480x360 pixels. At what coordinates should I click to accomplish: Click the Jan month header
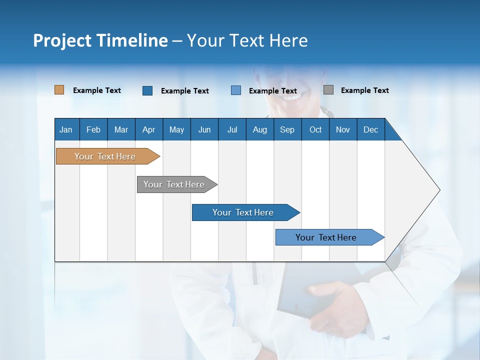click(66, 129)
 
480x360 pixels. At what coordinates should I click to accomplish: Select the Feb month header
click(93, 129)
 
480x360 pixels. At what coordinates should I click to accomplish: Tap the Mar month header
click(121, 129)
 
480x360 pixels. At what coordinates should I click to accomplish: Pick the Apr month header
click(149, 129)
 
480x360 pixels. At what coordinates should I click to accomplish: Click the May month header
click(176, 129)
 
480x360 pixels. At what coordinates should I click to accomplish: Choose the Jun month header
click(204, 129)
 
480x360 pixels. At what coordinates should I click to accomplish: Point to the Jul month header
click(232, 129)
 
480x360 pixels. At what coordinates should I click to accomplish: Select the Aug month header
click(260, 129)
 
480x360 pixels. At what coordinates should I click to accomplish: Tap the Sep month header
click(287, 129)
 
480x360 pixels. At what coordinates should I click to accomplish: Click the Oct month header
click(315, 129)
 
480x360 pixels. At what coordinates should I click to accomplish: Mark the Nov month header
click(343, 129)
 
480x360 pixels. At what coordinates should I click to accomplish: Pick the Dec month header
click(371, 129)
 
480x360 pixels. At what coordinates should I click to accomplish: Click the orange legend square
click(59, 90)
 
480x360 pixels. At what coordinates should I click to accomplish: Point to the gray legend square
click(328, 90)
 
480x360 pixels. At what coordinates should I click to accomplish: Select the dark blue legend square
click(147, 90)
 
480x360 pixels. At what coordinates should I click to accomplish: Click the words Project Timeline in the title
click(100, 40)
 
